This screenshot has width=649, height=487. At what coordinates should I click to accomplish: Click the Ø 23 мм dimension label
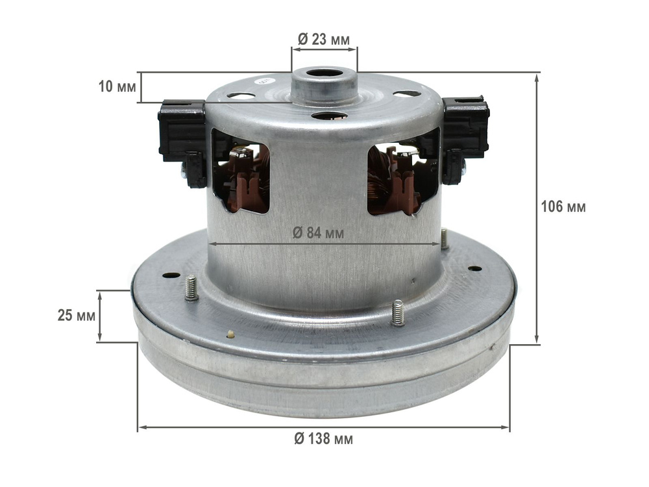[324, 40]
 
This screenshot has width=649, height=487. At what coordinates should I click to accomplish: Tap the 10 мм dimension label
[117, 87]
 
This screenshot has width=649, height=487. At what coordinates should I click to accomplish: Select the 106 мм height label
[563, 206]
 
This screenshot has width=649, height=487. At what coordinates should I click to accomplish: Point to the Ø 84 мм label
[318, 233]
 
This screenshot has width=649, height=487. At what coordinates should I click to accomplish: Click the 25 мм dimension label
[76, 316]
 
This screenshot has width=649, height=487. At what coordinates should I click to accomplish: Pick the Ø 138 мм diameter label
[324, 438]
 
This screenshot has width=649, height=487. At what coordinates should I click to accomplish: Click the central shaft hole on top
[324, 75]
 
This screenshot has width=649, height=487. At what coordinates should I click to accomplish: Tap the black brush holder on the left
[182, 141]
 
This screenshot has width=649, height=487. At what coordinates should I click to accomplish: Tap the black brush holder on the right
[465, 139]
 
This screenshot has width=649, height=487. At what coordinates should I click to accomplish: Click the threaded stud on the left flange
[191, 288]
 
